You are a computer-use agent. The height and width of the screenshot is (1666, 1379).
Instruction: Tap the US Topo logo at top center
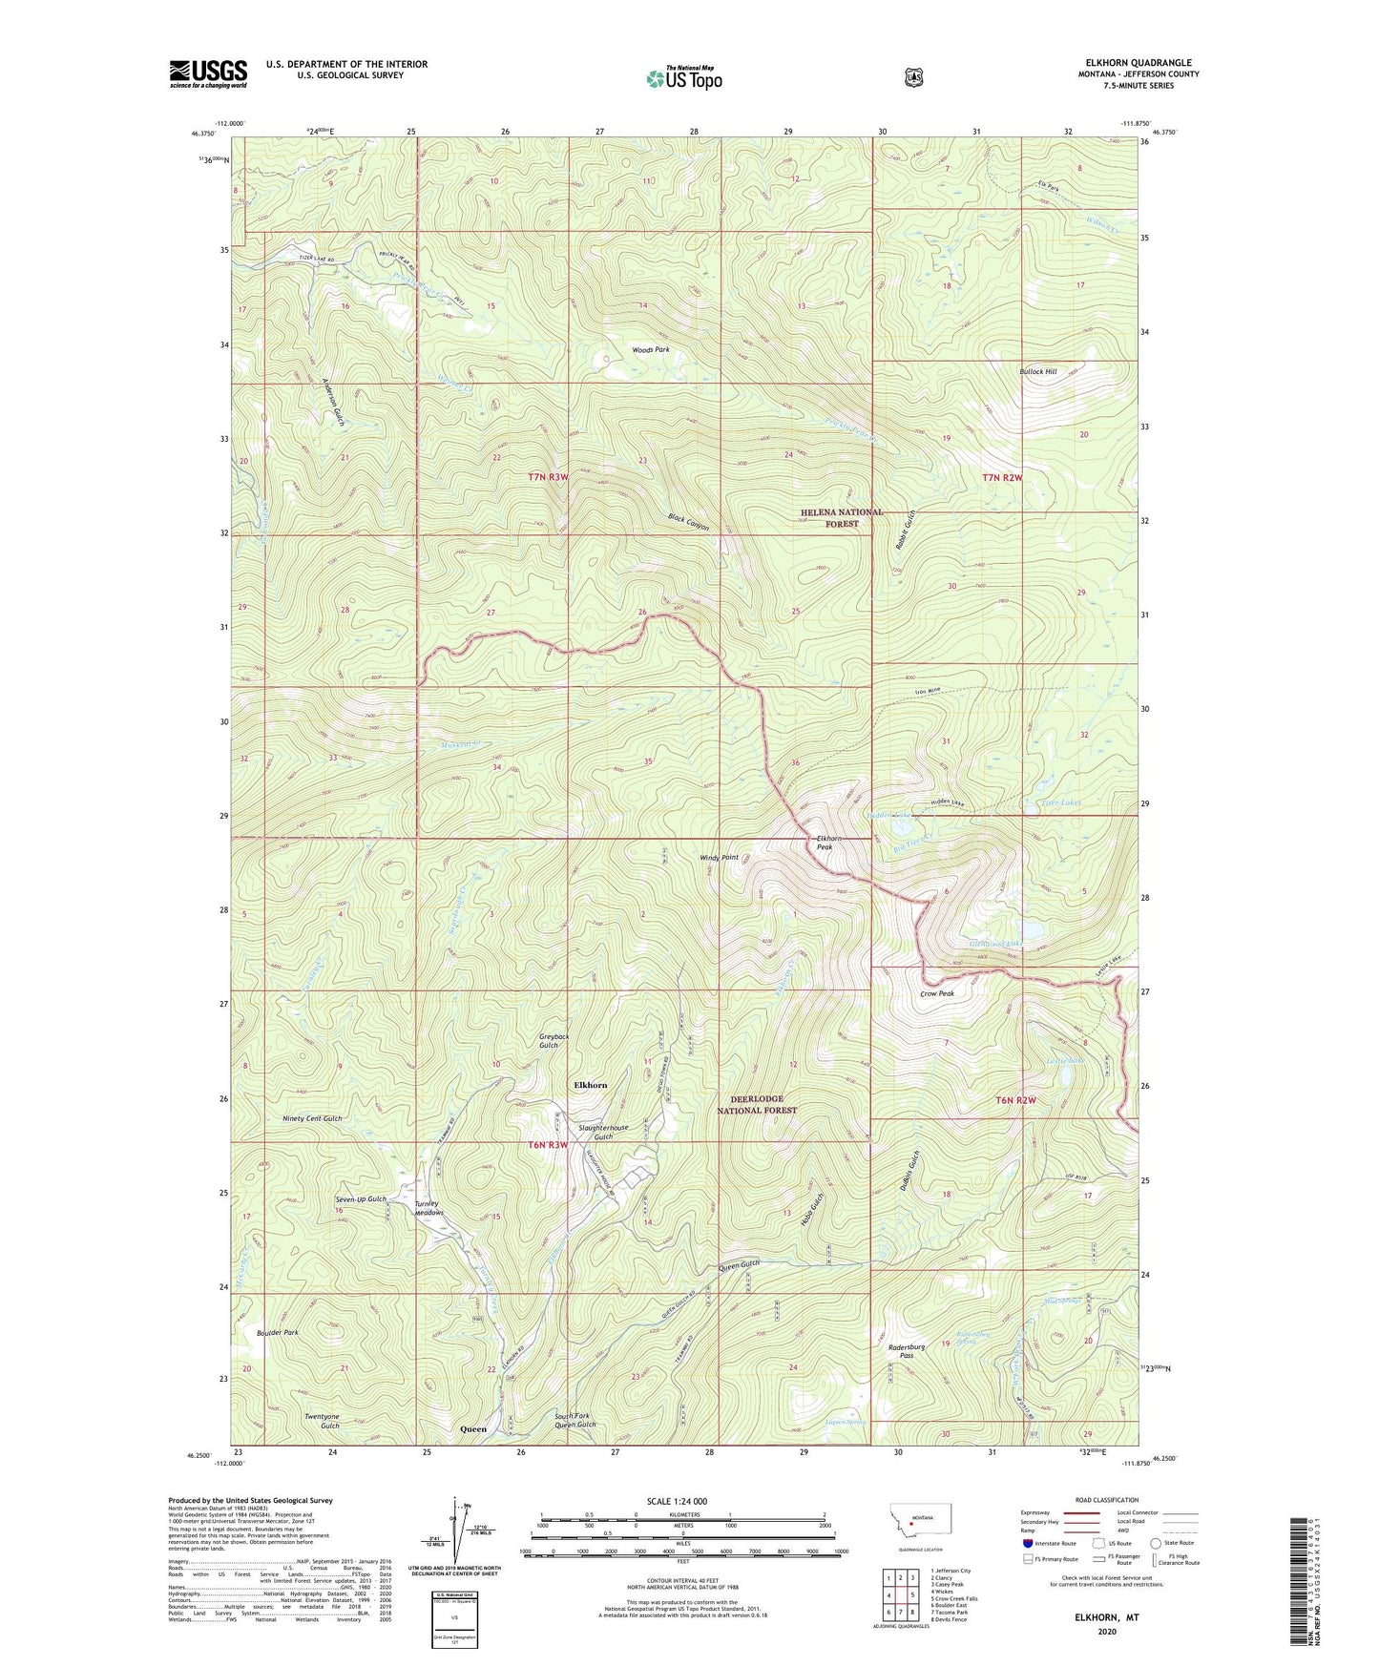click(682, 78)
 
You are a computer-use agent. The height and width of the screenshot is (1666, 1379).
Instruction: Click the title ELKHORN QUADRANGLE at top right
click(1138, 63)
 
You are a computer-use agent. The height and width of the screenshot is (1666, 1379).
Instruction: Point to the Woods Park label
click(651, 350)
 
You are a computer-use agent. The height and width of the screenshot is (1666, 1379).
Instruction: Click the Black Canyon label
click(688, 522)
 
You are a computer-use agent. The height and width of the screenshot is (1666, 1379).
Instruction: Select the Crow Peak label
click(936, 993)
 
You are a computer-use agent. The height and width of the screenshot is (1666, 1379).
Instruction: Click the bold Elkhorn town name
click(590, 1085)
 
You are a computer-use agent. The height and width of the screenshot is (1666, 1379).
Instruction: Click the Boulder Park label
click(278, 1332)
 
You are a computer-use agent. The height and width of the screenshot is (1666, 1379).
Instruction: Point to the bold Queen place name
click(473, 1428)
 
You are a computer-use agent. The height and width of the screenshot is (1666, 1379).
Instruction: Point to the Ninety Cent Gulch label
click(312, 1118)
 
